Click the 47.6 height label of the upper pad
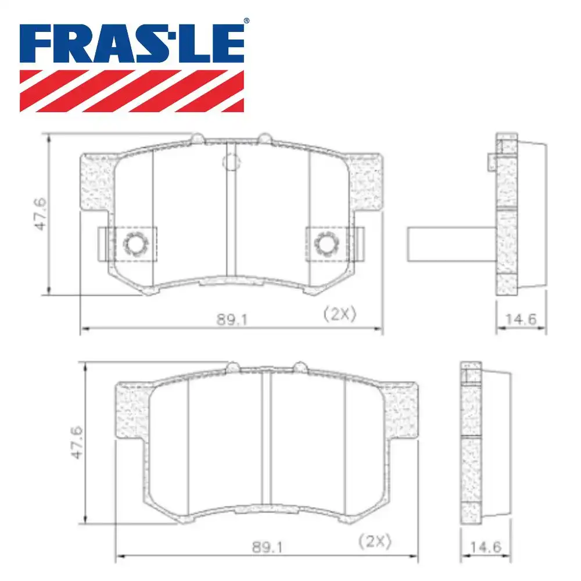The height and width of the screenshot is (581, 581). pos(41,214)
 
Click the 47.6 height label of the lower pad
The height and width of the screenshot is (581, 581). pos(77,443)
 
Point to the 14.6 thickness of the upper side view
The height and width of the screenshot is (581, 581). pos(521,318)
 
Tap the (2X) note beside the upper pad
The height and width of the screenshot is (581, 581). pos(339,314)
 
